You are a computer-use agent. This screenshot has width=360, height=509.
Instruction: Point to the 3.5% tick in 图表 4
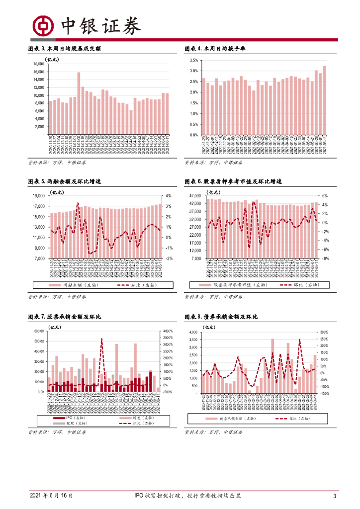(x=193, y=60)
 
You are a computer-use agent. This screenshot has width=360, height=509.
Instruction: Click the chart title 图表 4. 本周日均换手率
(x=215, y=49)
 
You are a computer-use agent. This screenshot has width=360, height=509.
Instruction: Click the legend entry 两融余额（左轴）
(x=65, y=285)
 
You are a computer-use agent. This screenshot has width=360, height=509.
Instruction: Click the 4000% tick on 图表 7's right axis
(x=168, y=331)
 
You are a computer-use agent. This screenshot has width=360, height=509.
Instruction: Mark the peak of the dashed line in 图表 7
(x=102, y=339)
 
